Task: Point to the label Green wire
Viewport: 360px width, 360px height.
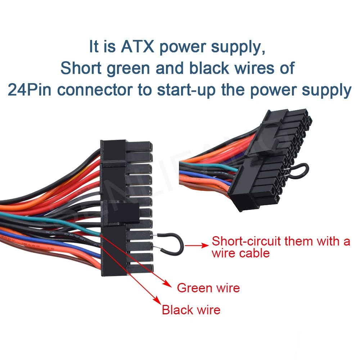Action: point(208,288)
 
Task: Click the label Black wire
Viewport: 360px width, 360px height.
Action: point(191,310)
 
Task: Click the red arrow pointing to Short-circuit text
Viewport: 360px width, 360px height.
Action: point(199,245)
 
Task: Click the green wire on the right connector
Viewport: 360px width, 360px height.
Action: point(209,166)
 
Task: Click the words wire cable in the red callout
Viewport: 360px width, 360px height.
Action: point(240,253)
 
